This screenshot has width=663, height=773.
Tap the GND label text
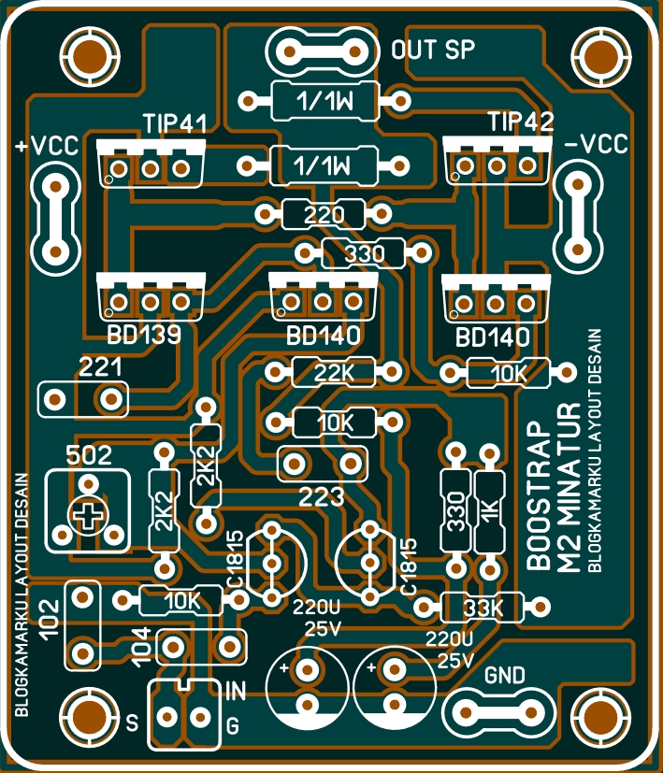(505, 676)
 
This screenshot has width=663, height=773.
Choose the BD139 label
(143, 336)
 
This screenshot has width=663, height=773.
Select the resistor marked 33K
(483, 608)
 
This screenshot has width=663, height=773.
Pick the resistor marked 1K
(488, 511)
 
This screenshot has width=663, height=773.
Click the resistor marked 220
(324, 215)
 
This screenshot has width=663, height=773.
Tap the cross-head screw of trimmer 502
(88, 517)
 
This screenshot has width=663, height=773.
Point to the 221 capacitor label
(101, 368)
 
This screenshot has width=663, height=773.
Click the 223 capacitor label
(324, 494)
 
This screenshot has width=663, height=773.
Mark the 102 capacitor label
(51, 623)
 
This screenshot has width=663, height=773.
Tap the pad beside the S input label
(167, 717)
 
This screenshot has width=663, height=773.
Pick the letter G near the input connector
(233, 725)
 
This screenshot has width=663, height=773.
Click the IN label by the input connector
(236, 693)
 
